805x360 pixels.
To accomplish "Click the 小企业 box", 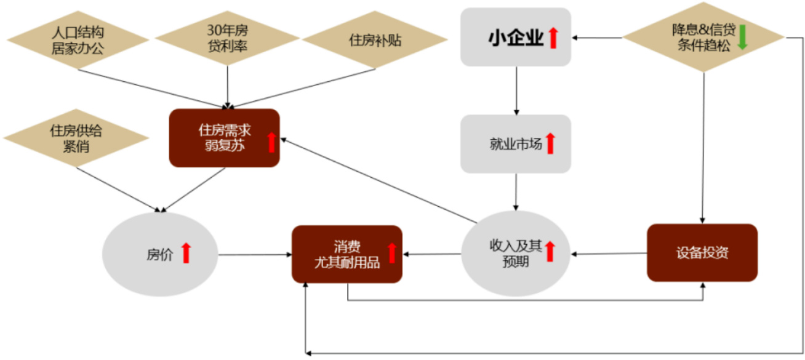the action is click(x=516, y=37).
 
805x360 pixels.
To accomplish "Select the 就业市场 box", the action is click(x=516, y=144).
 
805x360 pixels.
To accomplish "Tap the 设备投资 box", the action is click(x=702, y=252).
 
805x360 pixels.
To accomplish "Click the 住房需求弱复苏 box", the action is click(x=224, y=138).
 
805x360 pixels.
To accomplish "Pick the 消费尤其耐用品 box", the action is click(x=346, y=254).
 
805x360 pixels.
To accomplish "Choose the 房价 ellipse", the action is click(x=160, y=254).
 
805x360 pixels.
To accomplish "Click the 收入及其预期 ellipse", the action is click(x=516, y=254).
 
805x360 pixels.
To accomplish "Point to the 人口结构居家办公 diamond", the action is click(x=78, y=40).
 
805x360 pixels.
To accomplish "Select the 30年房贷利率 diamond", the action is click(x=227, y=38).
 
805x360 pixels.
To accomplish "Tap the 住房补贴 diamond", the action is click(x=375, y=39).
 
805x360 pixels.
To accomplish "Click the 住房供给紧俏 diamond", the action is click(x=76, y=138).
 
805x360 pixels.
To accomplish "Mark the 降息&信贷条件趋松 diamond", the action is click(x=703, y=37).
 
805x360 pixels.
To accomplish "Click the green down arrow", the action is click(x=742, y=38).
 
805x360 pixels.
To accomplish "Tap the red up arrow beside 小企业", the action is click(x=553, y=38).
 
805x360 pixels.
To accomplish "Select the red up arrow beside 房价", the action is click(x=186, y=253).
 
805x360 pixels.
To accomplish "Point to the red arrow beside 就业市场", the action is click(x=550, y=143).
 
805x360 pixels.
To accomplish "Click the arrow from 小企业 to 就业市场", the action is click(x=516, y=91).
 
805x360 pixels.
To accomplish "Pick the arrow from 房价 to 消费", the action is click(x=255, y=255).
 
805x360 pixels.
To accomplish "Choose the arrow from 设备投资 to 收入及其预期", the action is click(x=609, y=254).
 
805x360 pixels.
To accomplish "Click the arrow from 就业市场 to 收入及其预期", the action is click(x=516, y=192).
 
